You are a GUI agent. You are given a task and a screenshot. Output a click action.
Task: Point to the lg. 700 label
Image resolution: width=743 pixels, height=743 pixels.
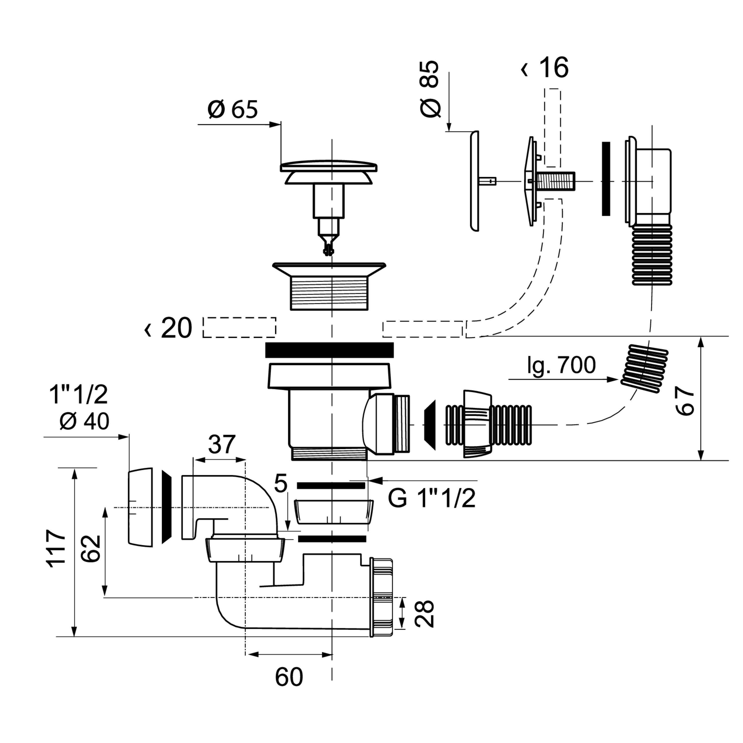[x=561, y=365]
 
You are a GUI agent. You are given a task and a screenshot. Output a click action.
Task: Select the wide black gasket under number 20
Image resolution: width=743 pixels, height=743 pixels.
[x=330, y=349]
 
